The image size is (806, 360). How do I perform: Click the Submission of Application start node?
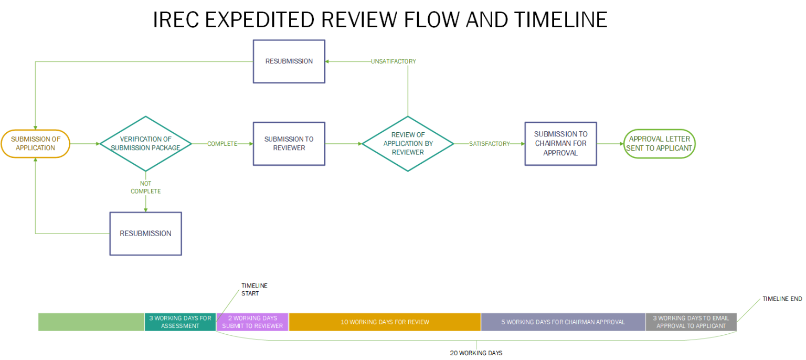[36, 144]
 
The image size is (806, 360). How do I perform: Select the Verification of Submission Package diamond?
[145, 143]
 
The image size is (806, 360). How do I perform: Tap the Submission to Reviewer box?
[289, 144]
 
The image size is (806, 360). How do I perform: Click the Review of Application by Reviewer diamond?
[408, 143]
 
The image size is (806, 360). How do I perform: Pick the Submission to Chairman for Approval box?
[560, 144]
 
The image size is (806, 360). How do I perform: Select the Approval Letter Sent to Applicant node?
[660, 144]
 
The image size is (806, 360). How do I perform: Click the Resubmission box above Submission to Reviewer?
[289, 61]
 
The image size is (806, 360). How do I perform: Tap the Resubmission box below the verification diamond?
[145, 234]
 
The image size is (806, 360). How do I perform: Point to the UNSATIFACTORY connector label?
[393, 61]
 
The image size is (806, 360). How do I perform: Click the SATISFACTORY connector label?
[489, 144]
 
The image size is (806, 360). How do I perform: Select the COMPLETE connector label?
[222, 144]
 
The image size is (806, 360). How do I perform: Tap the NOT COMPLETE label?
[145, 187]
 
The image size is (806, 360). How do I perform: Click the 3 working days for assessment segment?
[180, 322]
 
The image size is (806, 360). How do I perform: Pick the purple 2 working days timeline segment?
[252, 322]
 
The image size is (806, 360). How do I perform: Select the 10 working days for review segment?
[385, 322]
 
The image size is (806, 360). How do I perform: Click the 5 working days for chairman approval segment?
[563, 322]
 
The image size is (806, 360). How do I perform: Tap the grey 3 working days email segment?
[691, 322]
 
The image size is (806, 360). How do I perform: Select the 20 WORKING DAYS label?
[476, 353]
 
